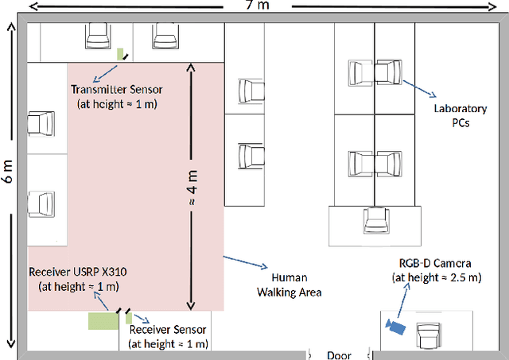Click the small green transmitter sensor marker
click(x=122, y=55)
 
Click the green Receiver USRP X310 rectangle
click(x=101, y=320)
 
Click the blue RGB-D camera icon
click(x=394, y=326)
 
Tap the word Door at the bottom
click(x=340, y=354)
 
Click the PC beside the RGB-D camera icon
click(x=430, y=329)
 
